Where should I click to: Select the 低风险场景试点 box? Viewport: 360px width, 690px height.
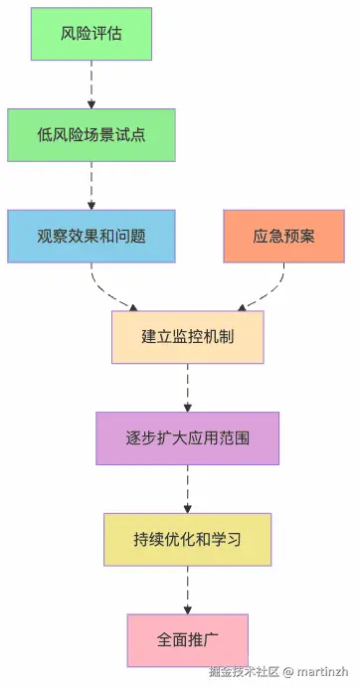coord(91,134)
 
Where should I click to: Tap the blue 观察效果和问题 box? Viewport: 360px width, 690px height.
coord(91,237)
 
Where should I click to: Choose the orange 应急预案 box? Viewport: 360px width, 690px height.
coord(283,237)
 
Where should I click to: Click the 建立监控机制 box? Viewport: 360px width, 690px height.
coord(188,337)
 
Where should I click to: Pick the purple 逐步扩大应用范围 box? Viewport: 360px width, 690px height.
coord(188,438)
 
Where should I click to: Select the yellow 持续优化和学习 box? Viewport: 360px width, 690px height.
coord(188,540)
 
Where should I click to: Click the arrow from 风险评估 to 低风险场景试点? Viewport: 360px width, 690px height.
coord(91,84)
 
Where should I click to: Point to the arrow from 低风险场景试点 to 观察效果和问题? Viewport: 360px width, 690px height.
coord(91,185)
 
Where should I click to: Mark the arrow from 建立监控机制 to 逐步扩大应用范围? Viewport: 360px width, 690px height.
coord(188,388)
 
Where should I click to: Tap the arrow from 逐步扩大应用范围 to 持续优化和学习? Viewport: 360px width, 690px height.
coord(188,489)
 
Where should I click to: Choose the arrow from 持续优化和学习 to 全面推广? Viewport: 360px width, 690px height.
coord(188,591)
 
